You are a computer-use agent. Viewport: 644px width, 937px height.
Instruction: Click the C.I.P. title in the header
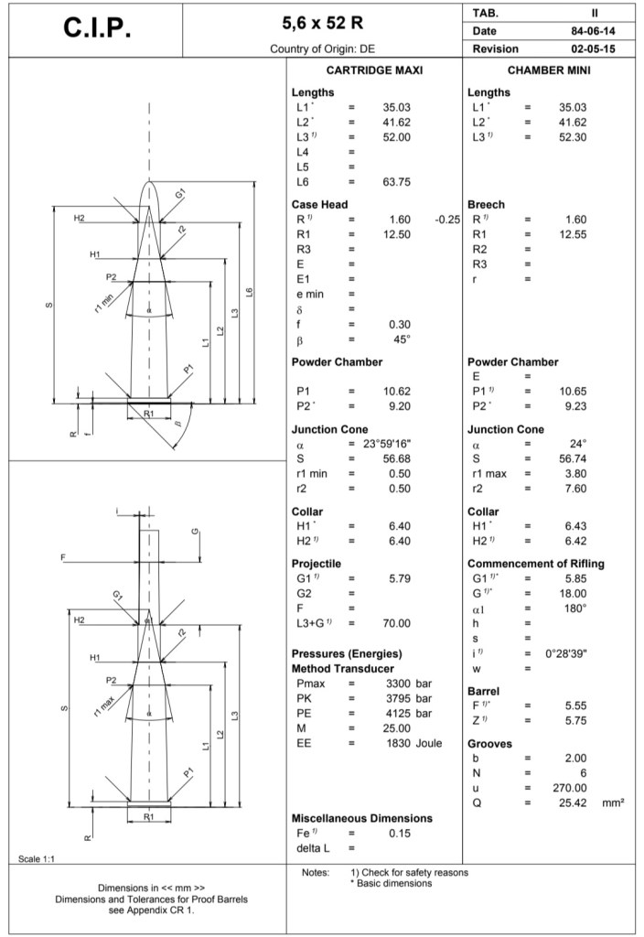(98, 29)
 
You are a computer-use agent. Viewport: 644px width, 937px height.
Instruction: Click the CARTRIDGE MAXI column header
(375, 70)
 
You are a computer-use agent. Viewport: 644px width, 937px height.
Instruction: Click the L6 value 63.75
(397, 182)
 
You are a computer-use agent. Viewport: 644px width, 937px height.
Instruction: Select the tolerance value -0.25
(447, 220)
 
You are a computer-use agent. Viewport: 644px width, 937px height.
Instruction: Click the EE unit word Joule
(429, 743)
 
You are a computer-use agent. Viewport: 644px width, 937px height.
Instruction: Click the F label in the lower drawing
(63, 556)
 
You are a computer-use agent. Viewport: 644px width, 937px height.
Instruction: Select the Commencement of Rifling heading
(535, 564)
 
